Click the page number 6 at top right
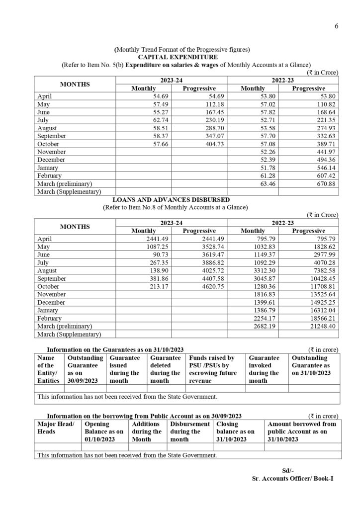click(336, 26)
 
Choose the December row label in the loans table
click(51, 302)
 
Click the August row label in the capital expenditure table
click(48, 128)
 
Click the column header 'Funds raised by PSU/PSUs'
click(212, 369)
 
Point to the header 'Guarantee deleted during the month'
click(165, 369)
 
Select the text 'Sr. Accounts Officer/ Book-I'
click(292, 478)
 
